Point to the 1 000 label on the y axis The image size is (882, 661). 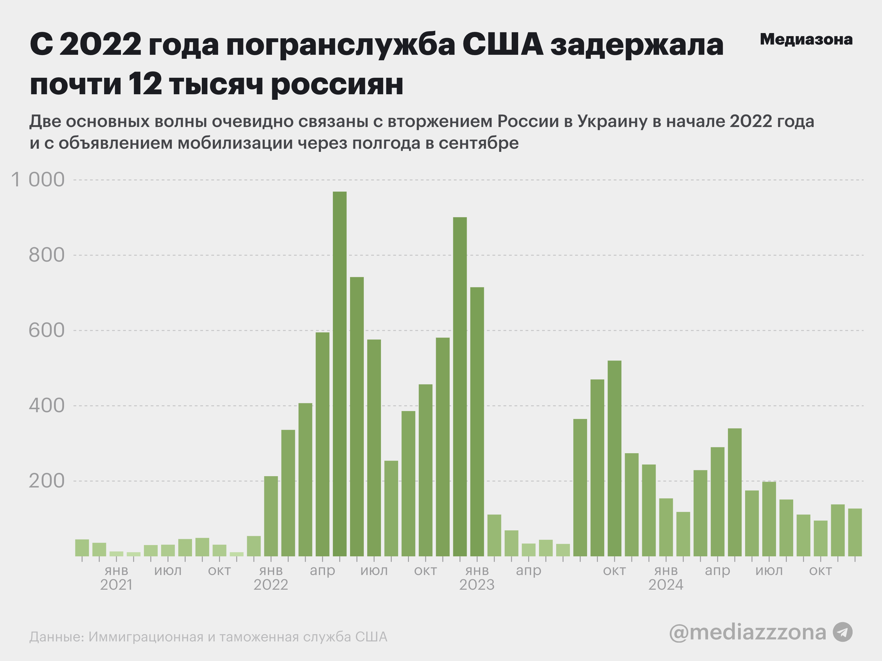coord(38,180)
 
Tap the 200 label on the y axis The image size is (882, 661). coord(46,481)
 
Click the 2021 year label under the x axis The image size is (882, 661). coord(116,585)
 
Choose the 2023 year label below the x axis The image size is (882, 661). coord(477,585)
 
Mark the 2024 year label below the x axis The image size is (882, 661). coord(666,585)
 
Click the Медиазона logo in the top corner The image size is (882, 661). coord(806,39)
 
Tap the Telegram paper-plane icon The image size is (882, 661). coord(843,632)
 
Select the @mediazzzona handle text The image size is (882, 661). coord(747,632)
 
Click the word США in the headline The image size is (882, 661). coord(503,44)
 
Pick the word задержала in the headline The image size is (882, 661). coord(637,44)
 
